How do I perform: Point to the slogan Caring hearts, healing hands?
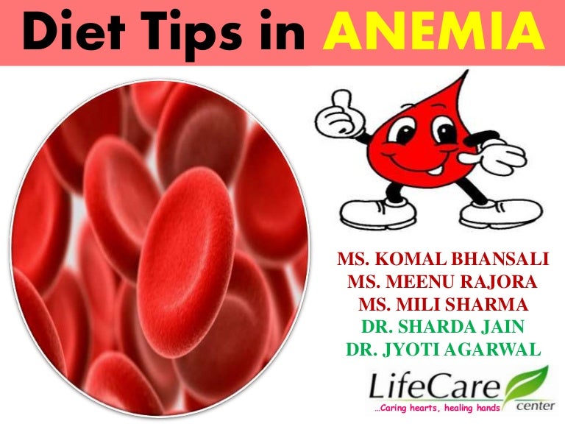tap(438, 407)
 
